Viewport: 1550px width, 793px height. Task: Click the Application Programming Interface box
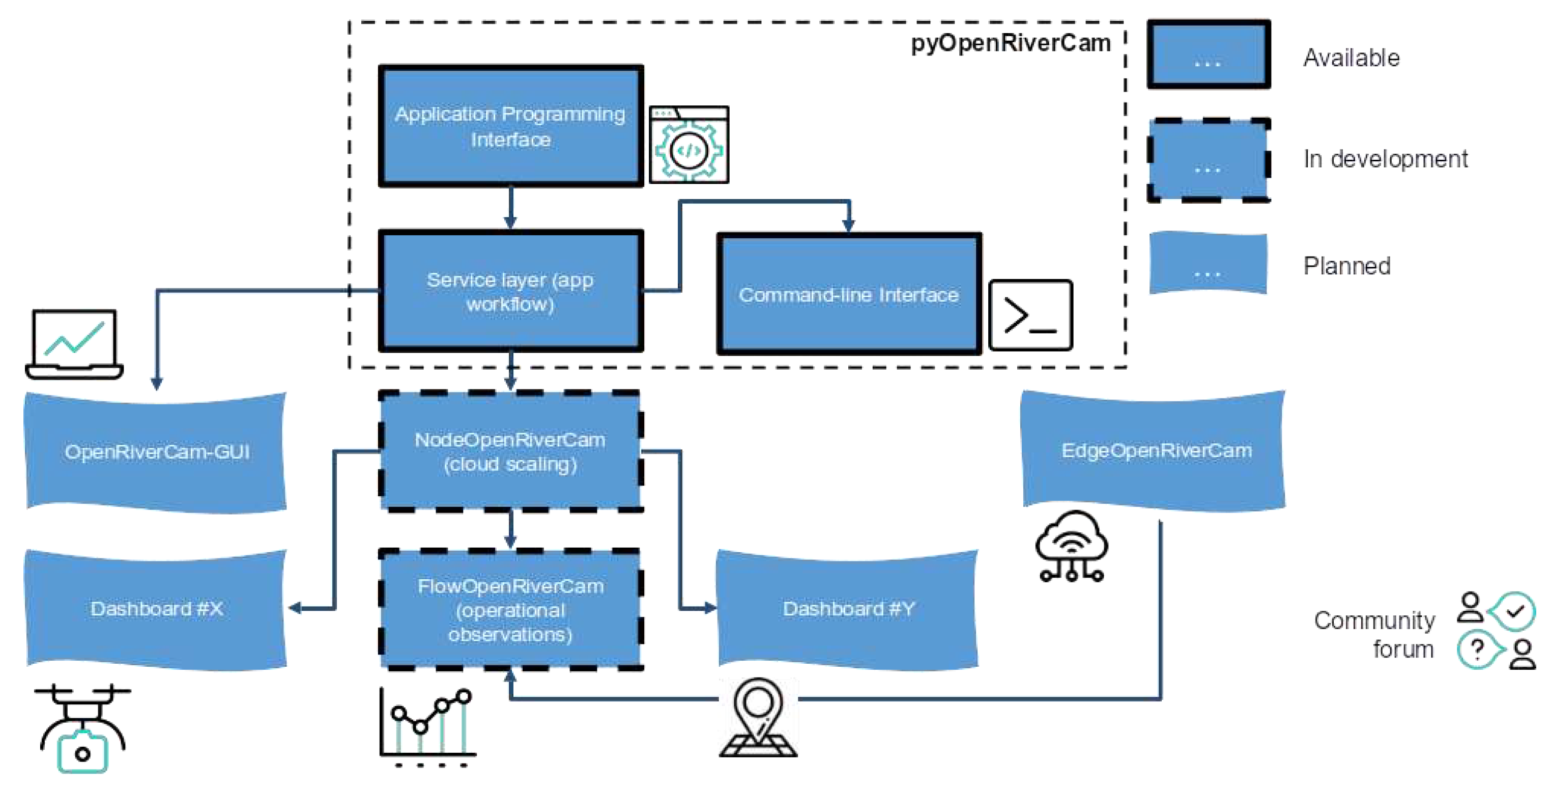[510, 126]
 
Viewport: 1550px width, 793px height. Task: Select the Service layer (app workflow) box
[510, 291]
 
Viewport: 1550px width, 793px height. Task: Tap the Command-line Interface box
[848, 294]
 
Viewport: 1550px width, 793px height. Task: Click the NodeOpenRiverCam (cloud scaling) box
[510, 451]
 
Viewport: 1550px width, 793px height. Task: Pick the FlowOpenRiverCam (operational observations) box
[510, 609]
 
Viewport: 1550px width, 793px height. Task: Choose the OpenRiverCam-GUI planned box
[156, 452]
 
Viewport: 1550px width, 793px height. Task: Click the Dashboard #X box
[156, 609]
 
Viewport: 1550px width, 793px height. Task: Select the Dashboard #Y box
[848, 609]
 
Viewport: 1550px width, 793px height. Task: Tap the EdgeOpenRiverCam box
[1155, 450]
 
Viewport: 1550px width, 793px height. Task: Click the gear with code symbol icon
[689, 145]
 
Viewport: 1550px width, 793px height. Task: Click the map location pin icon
[758, 717]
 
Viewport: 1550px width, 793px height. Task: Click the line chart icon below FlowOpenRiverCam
[427, 725]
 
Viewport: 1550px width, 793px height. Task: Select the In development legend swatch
[1208, 160]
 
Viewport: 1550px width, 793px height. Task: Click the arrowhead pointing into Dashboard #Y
[710, 608]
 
